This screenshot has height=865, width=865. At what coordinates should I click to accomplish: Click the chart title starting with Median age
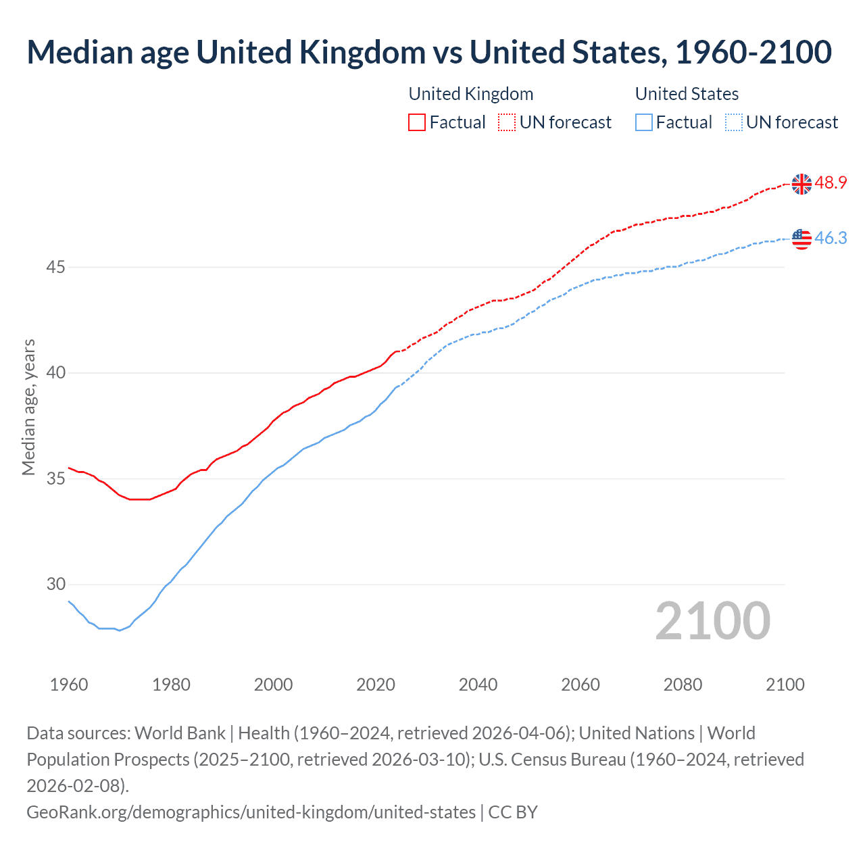tap(429, 52)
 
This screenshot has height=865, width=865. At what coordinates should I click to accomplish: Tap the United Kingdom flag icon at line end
tap(801, 184)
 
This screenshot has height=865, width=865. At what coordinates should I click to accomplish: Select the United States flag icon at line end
tap(801, 239)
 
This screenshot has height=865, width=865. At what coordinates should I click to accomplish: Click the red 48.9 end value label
tap(831, 183)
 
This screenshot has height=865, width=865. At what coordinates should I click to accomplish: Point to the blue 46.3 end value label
tap(831, 238)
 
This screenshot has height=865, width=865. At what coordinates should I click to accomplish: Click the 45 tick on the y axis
tap(55, 268)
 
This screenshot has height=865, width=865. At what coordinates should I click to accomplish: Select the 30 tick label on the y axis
tap(55, 585)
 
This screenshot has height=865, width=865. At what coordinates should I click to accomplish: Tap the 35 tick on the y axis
tap(55, 479)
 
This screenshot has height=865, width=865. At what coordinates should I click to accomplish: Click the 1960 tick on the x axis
tap(69, 685)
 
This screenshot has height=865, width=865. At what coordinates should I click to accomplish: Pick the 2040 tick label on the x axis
tap(478, 685)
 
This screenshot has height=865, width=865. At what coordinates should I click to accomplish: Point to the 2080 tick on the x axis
tap(683, 685)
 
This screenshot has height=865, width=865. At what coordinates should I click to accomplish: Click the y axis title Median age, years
tap(28, 407)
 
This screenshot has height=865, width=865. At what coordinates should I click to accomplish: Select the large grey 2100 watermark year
tap(712, 621)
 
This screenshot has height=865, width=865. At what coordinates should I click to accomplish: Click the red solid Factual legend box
tap(417, 122)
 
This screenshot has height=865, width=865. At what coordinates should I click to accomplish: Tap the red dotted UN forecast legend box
tap(507, 122)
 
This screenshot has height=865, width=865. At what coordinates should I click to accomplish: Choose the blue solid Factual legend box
tap(644, 122)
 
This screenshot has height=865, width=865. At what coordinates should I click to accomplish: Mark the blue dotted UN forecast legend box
tap(733, 122)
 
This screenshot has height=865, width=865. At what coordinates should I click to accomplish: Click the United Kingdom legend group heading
tap(471, 94)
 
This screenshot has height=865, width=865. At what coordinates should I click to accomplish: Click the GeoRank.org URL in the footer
tap(251, 812)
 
